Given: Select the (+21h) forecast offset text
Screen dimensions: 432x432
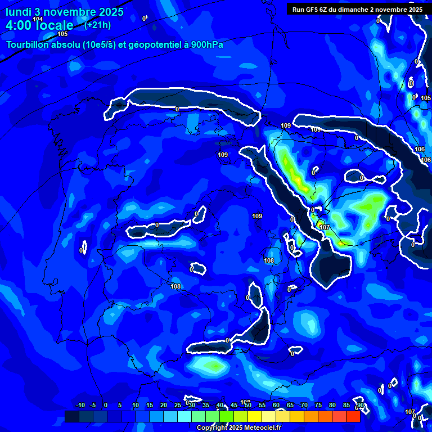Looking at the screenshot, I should pyautogui.click(x=97, y=25).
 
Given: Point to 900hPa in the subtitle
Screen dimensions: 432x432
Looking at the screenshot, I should pyautogui.click(x=206, y=44).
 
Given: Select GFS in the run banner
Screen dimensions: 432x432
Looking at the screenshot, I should pyautogui.click(x=314, y=10).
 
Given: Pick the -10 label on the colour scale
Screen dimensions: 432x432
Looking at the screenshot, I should pyautogui.click(x=80, y=405).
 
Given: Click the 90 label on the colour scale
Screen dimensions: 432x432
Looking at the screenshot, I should pyautogui.click(x=360, y=405).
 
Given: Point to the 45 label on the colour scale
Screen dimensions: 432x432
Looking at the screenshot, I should pyautogui.click(x=234, y=405).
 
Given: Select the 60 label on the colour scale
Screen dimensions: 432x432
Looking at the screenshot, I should pyautogui.click(x=276, y=405).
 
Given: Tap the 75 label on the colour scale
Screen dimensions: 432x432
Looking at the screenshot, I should pyautogui.click(x=318, y=405).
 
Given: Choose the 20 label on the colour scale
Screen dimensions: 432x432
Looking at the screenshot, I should pyautogui.click(x=164, y=405).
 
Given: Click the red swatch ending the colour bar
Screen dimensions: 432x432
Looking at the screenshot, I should pyautogui.click(x=353, y=416).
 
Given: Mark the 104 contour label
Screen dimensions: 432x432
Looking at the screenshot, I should pyautogui.click(x=38, y=19).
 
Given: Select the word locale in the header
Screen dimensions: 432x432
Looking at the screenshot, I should pyautogui.click(x=55, y=25).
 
